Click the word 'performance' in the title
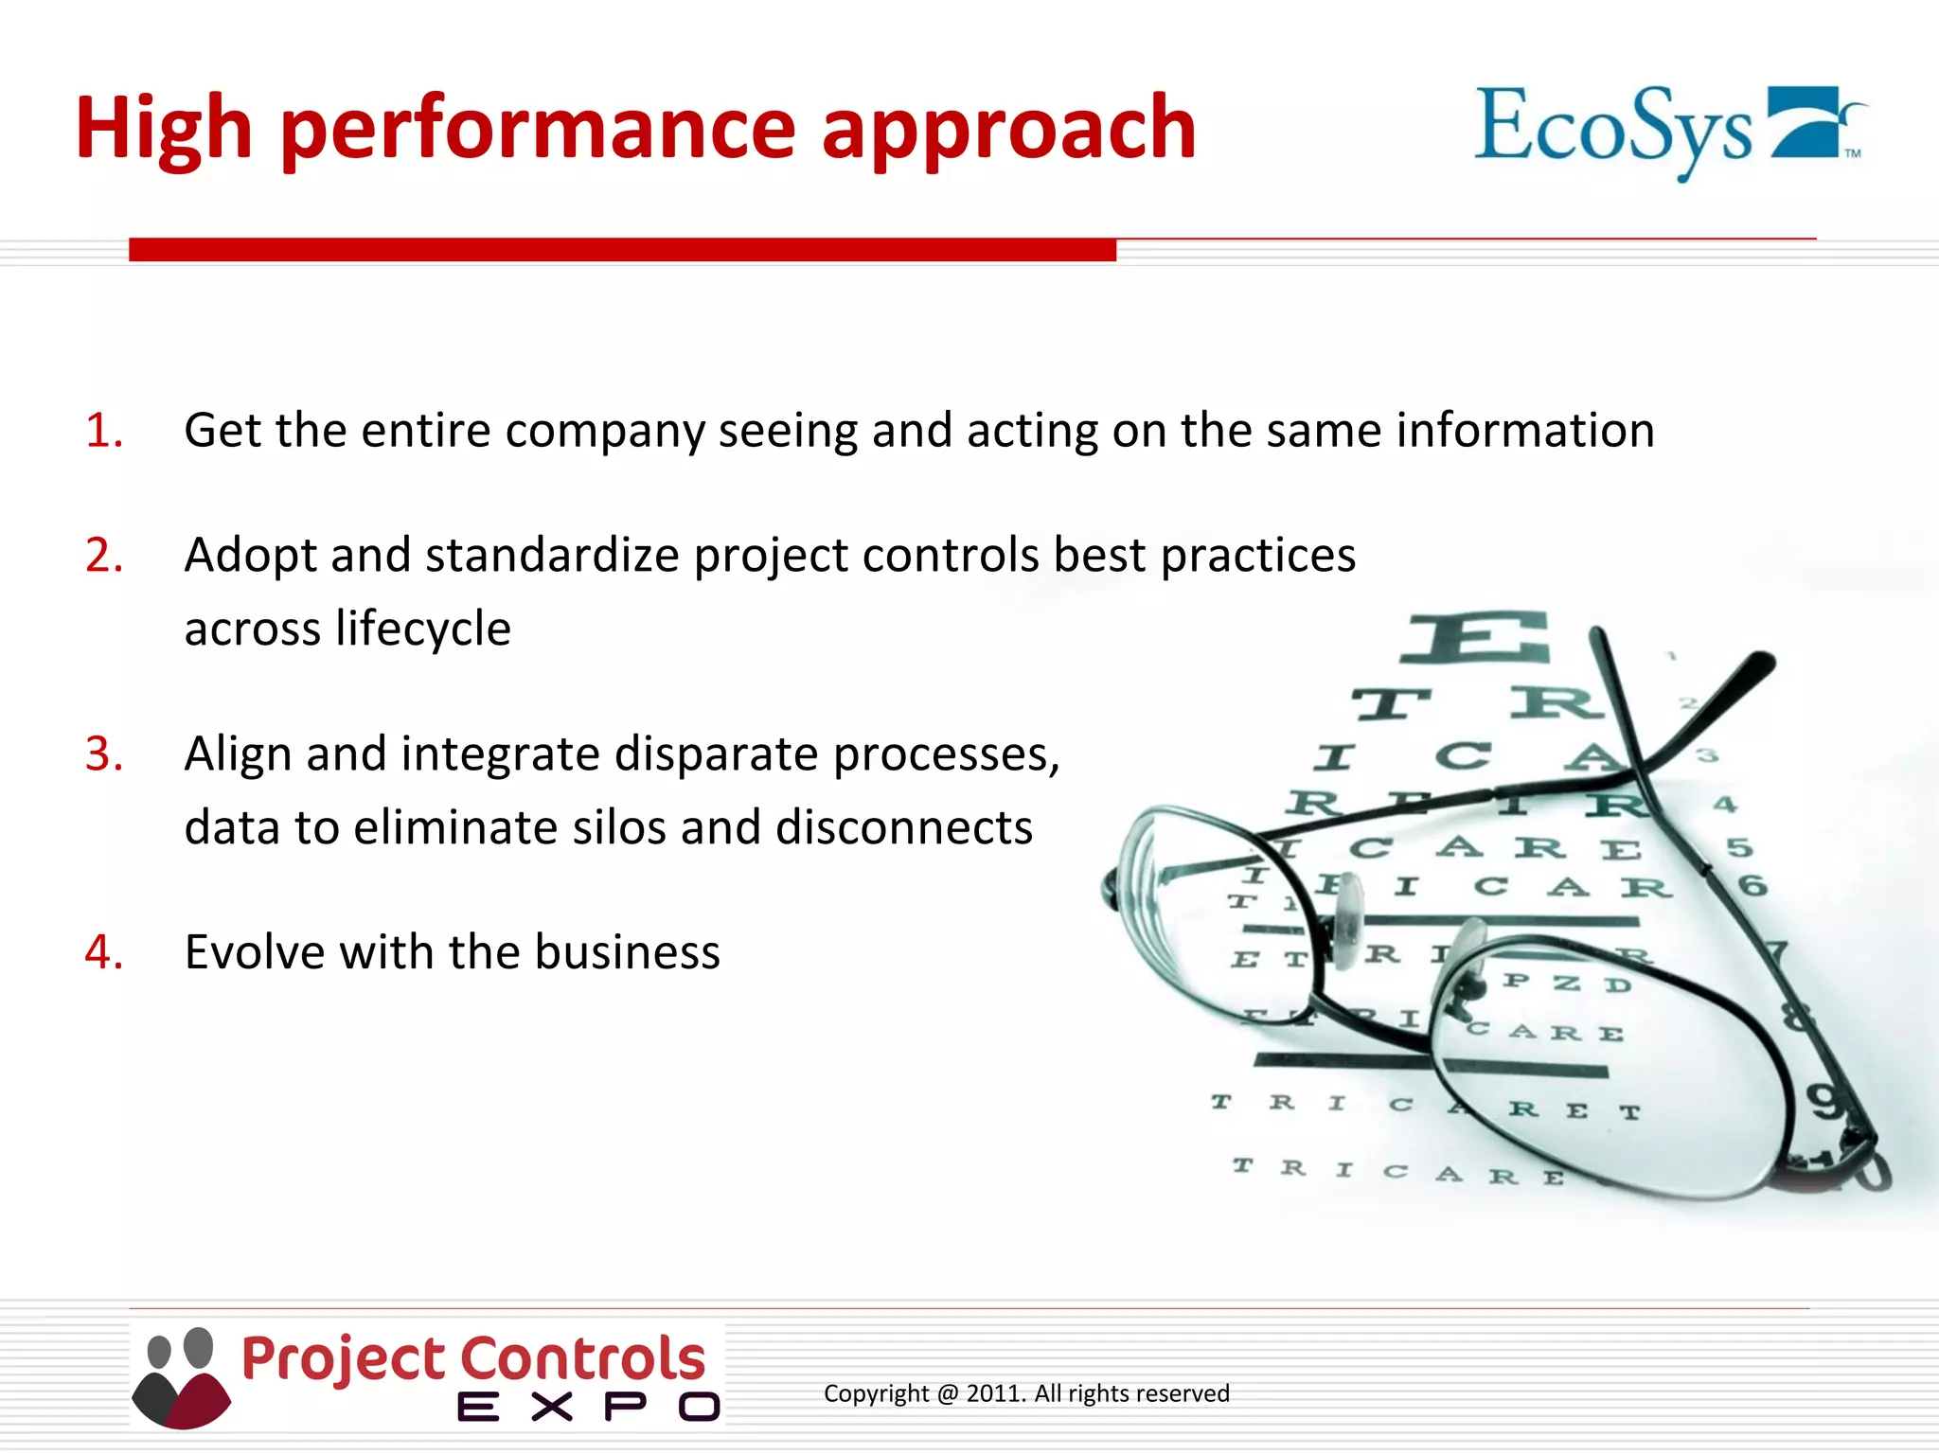538,131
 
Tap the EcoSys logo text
1613,129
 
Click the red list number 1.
104,431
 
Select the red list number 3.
104,754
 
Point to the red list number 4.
104,952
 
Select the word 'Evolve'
256,952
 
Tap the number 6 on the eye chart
1752,886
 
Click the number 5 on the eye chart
1739,847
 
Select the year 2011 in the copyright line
994,1393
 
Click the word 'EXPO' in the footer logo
587,1408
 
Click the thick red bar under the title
622,250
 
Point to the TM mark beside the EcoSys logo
1853,153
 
